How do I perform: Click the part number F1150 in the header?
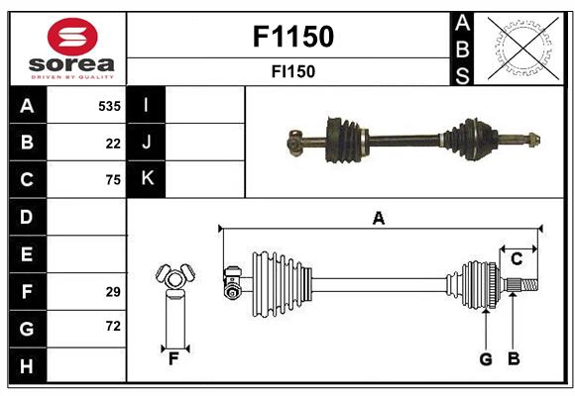point(292,38)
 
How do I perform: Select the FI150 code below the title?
point(292,71)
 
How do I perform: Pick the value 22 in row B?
point(113,143)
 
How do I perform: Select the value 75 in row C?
point(113,179)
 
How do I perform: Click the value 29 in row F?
point(113,291)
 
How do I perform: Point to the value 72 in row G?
point(113,326)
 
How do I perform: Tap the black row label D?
point(27,216)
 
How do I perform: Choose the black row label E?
point(27,253)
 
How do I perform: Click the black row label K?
point(147,179)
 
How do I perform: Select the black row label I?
point(147,105)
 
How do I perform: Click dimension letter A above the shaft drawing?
point(378,218)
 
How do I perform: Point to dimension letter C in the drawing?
point(517,259)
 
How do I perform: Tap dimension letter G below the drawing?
point(486,359)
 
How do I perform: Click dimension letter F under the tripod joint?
point(173,359)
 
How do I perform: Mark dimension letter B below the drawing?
point(514,359)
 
